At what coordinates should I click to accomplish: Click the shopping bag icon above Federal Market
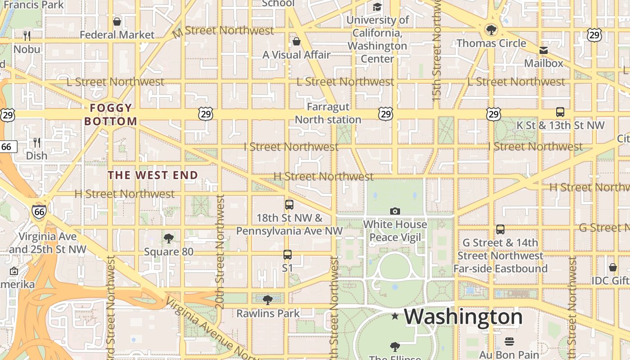117,21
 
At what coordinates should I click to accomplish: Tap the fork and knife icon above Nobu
27,36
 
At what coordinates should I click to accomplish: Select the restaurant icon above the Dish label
37,143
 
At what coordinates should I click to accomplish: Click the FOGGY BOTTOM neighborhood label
111,114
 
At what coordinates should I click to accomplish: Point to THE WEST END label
153,175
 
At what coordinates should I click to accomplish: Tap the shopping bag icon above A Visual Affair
297,41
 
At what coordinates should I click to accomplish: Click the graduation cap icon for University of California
377,7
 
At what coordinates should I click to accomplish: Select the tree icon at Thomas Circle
491,30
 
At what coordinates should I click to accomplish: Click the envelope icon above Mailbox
544,50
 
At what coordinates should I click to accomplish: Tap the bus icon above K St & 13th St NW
560,112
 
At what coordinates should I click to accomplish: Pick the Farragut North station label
328,113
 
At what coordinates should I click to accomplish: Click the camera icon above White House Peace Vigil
395,211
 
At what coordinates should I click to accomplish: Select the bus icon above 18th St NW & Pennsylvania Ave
289,205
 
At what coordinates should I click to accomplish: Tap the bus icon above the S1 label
288,255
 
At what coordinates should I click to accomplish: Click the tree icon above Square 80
169,238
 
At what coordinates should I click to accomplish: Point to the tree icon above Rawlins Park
268,300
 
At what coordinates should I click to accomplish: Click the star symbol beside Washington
395,316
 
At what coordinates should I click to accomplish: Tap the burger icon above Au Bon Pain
509,342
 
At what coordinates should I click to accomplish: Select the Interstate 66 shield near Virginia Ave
39,211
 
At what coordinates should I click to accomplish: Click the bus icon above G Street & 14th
500,229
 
